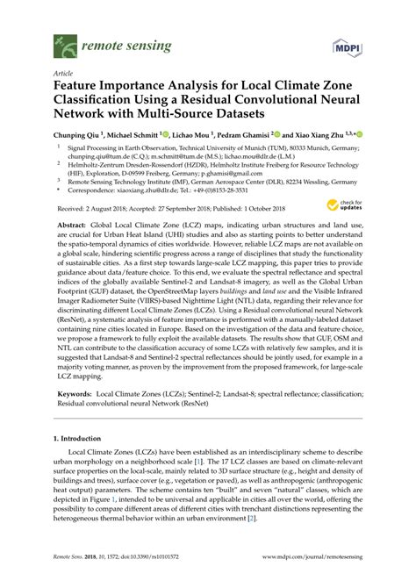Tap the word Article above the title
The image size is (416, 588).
tap(63, 73)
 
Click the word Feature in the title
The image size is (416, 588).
tap(80, 89)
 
